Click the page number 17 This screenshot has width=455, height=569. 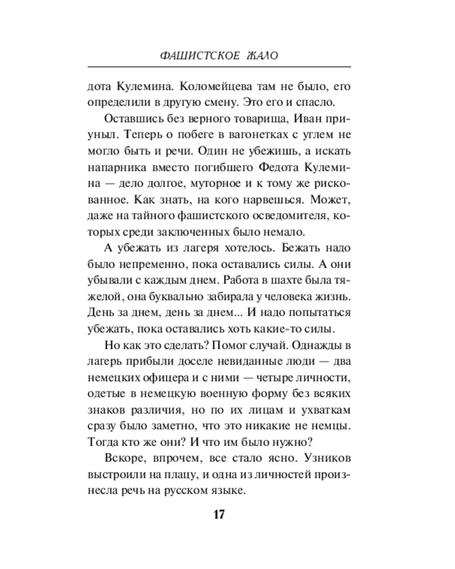pyautogui.click(x=220, y=514)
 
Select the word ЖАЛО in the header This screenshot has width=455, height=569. pyautogui.click(x=263, y=57)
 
